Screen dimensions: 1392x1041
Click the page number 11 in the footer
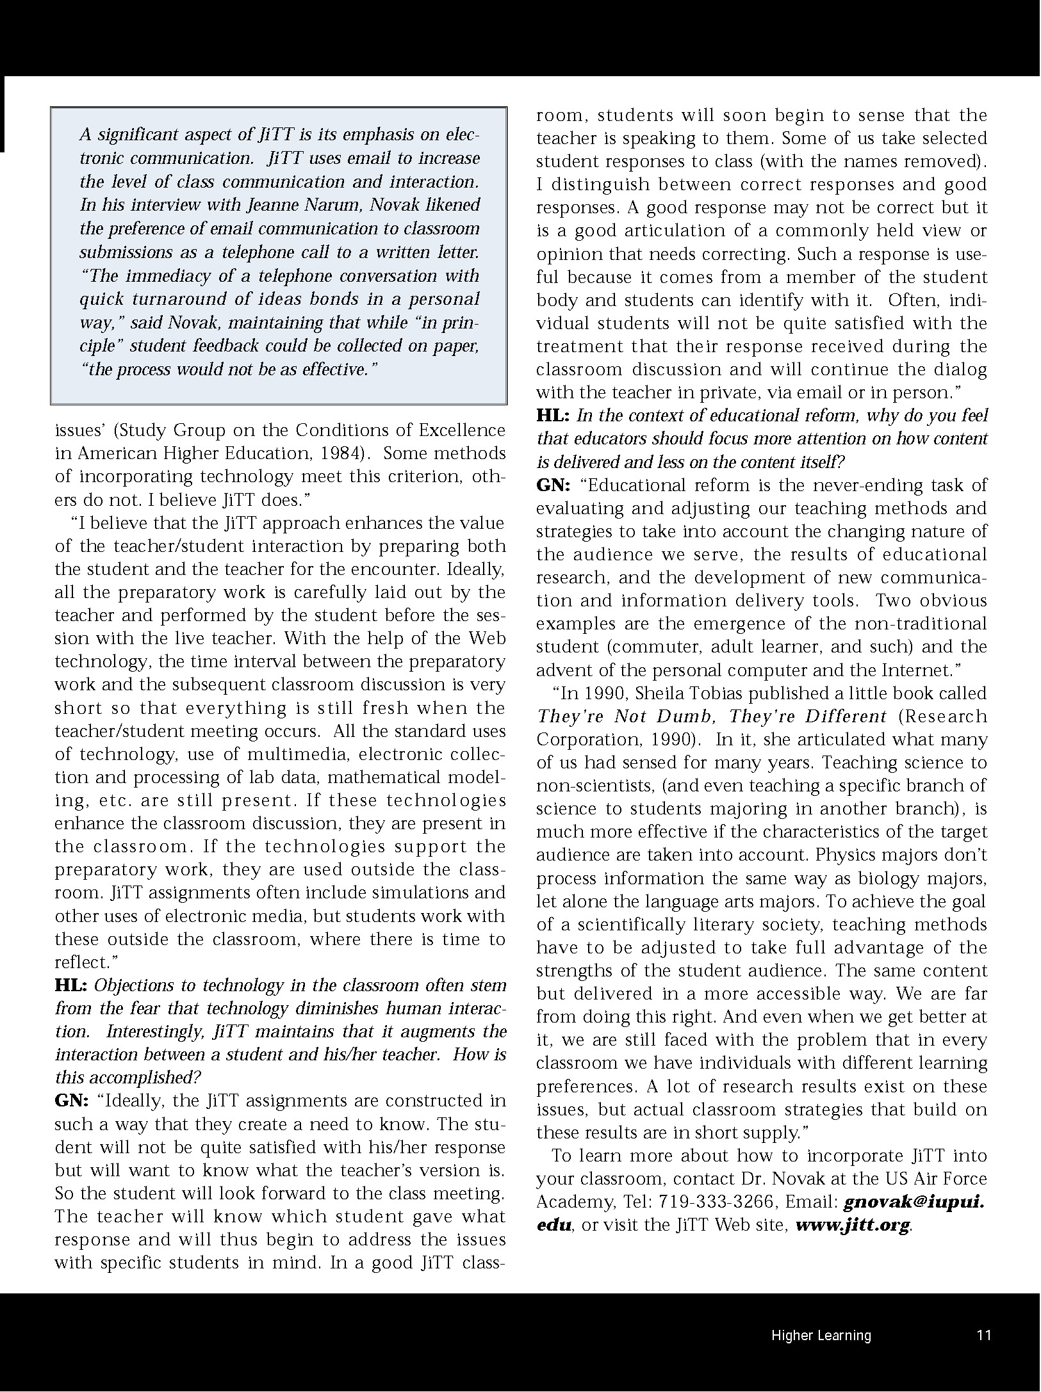984,1335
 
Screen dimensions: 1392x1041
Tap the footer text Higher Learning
821,1335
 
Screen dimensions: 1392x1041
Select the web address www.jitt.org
852,1226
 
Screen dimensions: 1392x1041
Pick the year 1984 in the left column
338,453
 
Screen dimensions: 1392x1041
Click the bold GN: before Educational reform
553,485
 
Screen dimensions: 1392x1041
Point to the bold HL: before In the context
553,416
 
